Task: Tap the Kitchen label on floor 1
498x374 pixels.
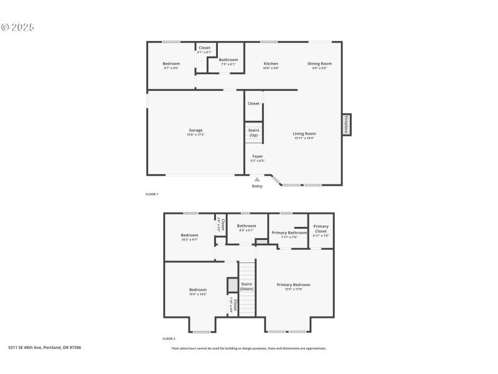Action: click(x=271, y=64)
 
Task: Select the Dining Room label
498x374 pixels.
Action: click(x=319, y=64)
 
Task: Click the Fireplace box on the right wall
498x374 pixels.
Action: click(x=346, y=124)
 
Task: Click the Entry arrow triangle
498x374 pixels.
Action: click(x=257, y=180)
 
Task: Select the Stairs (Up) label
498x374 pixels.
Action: click(x=254, y=133)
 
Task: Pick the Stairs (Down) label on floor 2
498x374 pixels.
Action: click(x=247, y=286)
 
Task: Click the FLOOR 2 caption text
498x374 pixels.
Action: click(x=169, y=338)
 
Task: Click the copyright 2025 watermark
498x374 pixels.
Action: click(x=17, y=27)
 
